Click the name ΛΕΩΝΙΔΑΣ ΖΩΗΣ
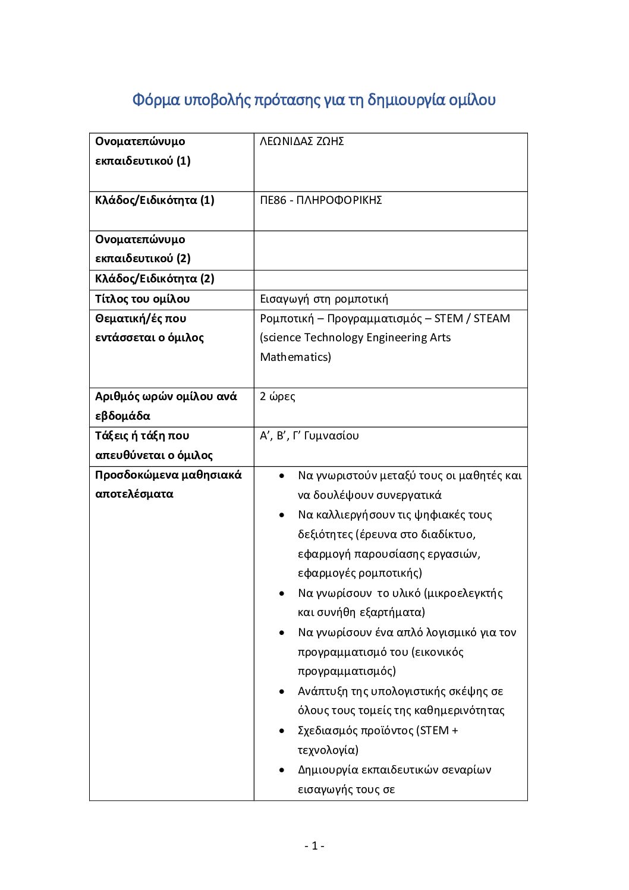tap(302, 141)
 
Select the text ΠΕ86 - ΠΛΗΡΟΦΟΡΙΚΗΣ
tap(321, 200)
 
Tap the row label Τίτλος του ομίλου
tap(143, 299)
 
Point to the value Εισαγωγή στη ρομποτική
tap(324, 299)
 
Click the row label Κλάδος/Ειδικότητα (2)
tap(155, 279)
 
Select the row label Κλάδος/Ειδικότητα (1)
tap(155, 200)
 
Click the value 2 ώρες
tap(278, 397)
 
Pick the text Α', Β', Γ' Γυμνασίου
tap(309, 436)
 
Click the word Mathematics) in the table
tap(295, 357)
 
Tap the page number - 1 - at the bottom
tap(314, 846)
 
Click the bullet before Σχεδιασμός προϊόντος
tap(282, 731)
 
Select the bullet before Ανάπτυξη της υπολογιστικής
tap(282, 691)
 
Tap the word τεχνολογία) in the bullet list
tap(328, 750)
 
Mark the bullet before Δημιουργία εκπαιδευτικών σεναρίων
tap(282, 770)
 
